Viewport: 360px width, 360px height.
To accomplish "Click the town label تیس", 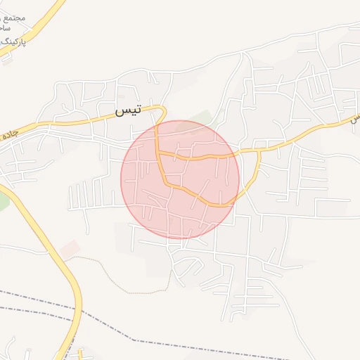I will click(128, 109).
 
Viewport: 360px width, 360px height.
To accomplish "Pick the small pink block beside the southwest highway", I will click(70, 247).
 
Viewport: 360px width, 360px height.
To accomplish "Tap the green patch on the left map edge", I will click(3, 202).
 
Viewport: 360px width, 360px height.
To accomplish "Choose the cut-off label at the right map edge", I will click(356, 119).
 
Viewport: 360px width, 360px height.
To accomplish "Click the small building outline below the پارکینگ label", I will click(7, 59).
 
